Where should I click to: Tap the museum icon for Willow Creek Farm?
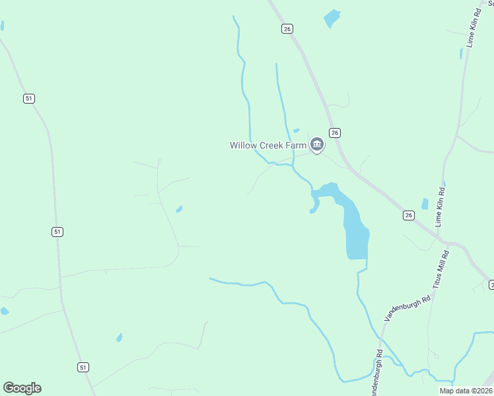click(x=317, y=145)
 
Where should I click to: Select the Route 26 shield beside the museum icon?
click(x=335, y=133)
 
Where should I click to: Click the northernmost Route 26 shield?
click(x=287, y=28)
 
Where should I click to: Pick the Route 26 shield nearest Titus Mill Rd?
click(x=409, y=215)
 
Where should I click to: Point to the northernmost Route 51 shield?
click(x=28, y=98)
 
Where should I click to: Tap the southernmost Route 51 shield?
click(x=83, y=367)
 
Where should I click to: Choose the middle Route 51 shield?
click(x=57, y=232)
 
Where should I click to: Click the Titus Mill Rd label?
click(x=441, y=269)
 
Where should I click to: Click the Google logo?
click(x=22, y=388)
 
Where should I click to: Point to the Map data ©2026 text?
click(x=465, y=390)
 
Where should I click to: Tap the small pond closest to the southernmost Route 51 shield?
click(x=119, y=337)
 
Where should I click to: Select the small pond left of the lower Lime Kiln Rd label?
click(x=425, y=204)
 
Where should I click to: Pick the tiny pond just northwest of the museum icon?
click(x=297, y=131)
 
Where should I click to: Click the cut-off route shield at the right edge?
click(x=491, y=284)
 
